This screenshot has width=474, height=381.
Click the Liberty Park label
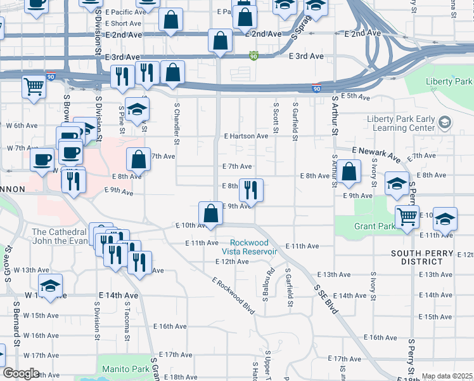(x=449, y=82)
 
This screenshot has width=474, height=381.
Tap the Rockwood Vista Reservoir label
(x=253, y=247)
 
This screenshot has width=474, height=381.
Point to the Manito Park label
(x=124, y=368)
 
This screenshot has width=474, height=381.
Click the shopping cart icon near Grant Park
(x=407, y=217)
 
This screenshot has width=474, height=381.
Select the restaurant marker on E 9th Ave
(x=251, y=190)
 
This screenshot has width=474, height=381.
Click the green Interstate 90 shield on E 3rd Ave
(x=253, y=56)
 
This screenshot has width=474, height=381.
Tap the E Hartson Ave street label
(x=246, y=136)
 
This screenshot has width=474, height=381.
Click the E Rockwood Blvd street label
(x=233, y=296)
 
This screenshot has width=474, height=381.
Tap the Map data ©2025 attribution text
(x=446, y=376)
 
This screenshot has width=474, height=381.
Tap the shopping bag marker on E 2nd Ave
(x=219, y=41)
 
